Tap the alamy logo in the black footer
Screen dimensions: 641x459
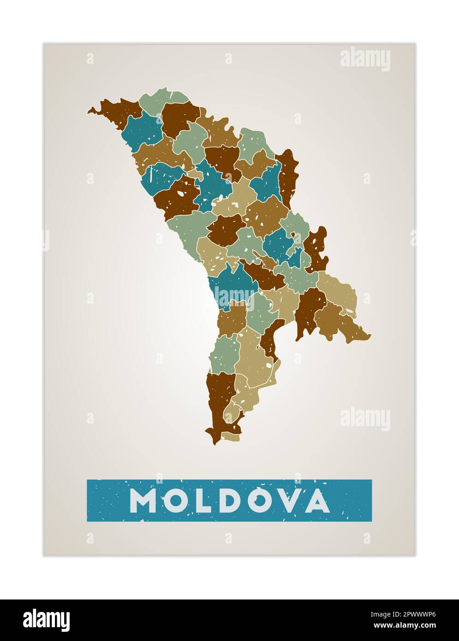(x=47, y=620)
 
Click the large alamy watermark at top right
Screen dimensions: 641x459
(x=365, y=59)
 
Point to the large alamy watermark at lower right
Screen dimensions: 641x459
(x=365, y=418)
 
